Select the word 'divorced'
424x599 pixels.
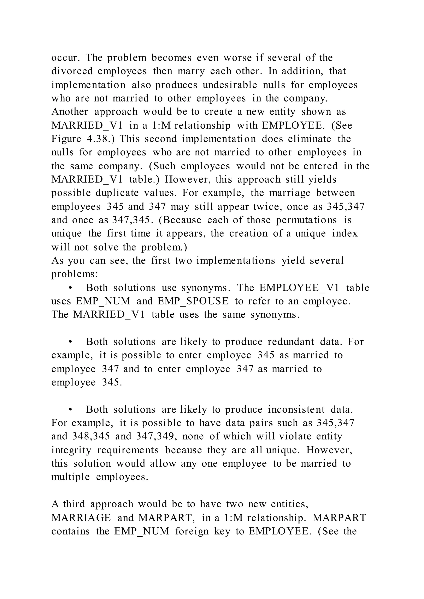72,71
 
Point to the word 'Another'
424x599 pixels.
70,112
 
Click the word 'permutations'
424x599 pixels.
306,220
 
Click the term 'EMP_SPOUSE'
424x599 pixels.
193,301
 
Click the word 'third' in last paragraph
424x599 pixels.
74,504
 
